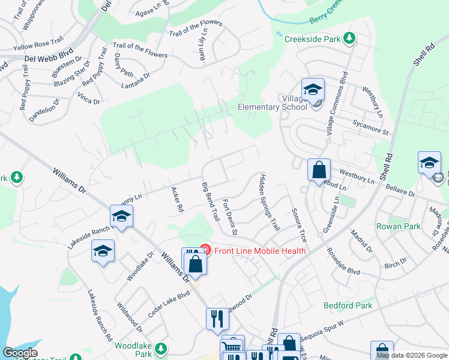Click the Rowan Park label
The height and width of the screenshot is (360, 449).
pos(398,226)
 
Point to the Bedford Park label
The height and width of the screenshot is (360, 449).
pos(348,305)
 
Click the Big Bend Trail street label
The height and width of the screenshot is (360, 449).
pos(210,200)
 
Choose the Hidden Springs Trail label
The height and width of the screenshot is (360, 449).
pos(270,203)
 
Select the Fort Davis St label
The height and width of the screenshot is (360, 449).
pos(231,217)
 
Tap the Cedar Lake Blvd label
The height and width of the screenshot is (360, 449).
pos(169,304)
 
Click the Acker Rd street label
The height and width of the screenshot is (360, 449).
pos(177,200)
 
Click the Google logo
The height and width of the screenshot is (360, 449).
pos(20,353)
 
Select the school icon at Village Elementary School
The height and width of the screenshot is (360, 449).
pos(312,89)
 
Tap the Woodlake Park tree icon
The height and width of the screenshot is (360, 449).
pos(160,348)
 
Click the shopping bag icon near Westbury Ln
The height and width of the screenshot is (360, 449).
pos(319,169)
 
